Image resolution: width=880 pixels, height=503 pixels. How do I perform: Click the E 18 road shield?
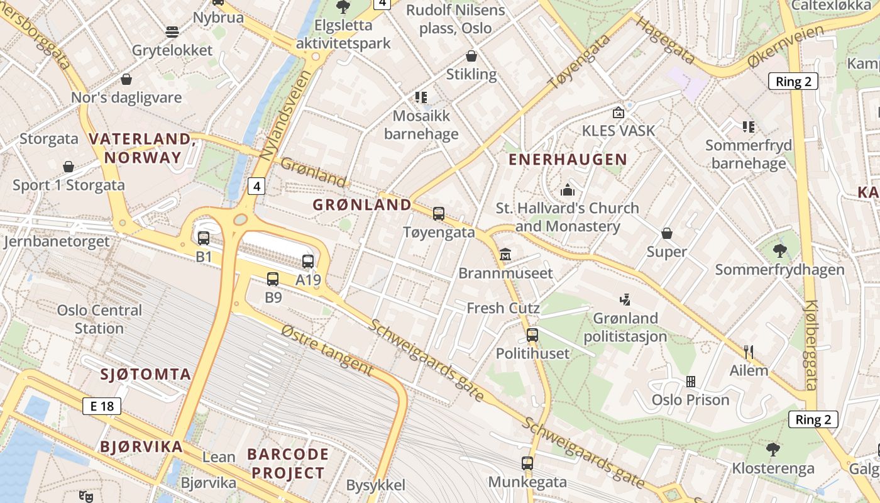[x=102, y=406]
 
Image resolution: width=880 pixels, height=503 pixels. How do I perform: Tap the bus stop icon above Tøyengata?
[x=439, y=214]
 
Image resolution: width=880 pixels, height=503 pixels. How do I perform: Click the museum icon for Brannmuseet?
[x=505, y=255]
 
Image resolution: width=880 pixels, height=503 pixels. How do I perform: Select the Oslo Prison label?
[x=690, y=400]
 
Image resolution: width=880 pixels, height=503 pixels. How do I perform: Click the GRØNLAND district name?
[x=362, y=204]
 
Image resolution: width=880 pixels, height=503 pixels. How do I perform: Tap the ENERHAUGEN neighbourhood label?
[x=568, y=160]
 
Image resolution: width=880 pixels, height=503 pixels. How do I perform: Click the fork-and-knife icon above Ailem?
[x=749, y=351]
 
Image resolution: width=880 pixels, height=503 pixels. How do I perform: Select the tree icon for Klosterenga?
[x=773, y=449]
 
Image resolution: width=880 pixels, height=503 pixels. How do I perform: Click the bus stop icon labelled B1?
[x=204, y=238]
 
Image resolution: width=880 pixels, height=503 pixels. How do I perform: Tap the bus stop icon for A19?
[x=308, y=262]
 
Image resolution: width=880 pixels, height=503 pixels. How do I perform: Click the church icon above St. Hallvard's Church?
[x=568, y=189]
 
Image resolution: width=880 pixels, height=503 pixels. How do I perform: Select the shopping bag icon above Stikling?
[x=471, y=56]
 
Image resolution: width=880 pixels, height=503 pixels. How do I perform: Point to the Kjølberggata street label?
[x=810, y=345]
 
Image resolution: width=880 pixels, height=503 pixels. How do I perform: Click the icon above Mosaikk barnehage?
[x=421, y=97]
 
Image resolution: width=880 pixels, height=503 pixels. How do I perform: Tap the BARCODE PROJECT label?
[x=288, y=463]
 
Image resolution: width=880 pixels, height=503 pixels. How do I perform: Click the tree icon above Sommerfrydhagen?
[x=780, y=251]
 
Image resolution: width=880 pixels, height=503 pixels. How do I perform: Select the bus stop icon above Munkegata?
[x=527, y=463]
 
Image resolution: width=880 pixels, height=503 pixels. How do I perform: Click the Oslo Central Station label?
[x=99, y=319]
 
